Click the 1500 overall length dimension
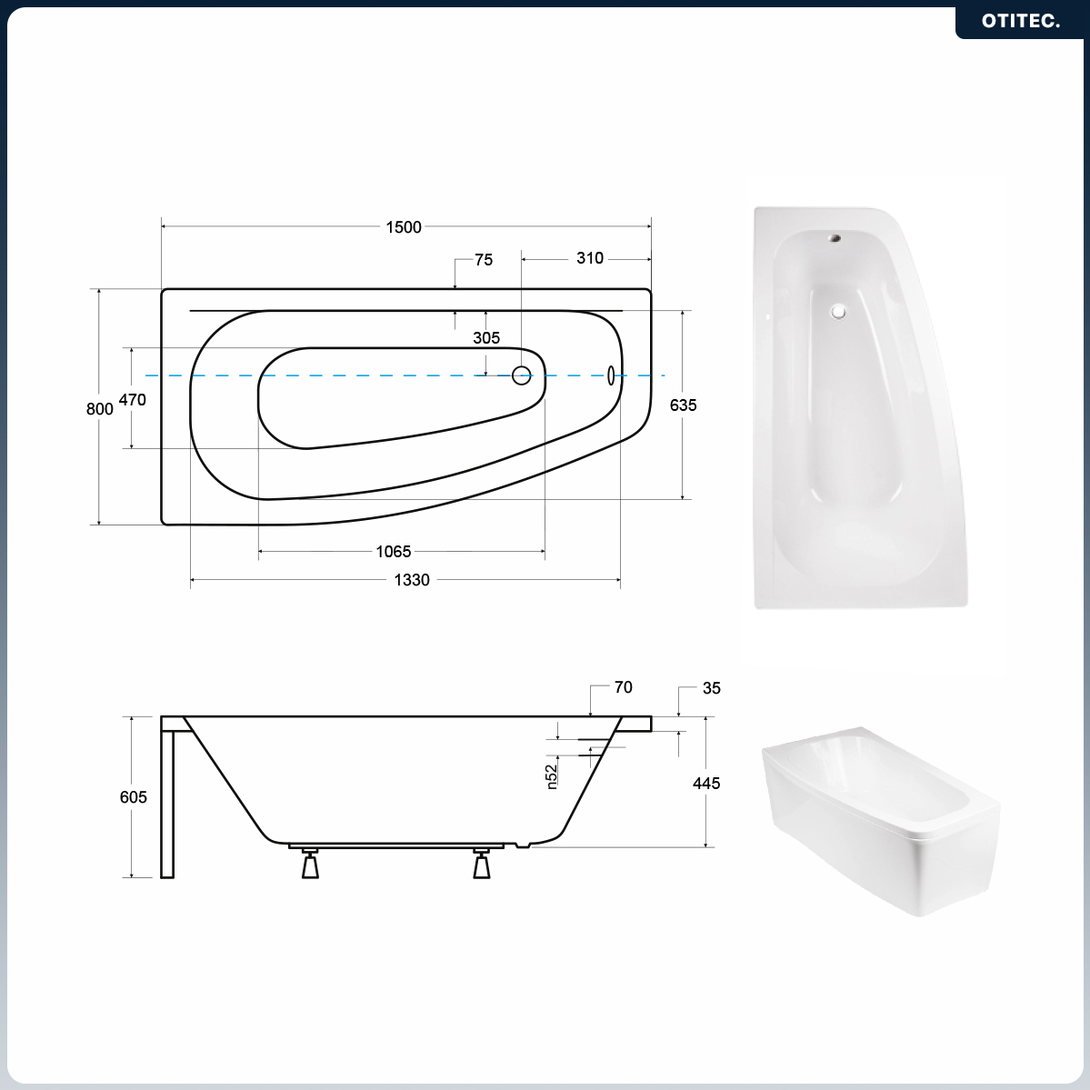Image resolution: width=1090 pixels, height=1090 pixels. click(404, 227)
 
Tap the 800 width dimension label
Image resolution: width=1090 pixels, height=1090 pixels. click(99, 409)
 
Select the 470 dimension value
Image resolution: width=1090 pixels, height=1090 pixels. click(132, 400)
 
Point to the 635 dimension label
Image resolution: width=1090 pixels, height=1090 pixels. click(684, 405)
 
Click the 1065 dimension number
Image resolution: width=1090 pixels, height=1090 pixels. click(394, 552)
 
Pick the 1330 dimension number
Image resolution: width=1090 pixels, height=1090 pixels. click(412, 580)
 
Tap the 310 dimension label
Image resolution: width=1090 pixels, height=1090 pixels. click(589, 258)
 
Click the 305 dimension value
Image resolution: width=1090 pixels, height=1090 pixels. click(486, 338)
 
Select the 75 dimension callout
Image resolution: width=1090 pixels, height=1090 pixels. click(484, 260)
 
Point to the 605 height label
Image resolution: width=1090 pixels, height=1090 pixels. click(134, 797)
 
